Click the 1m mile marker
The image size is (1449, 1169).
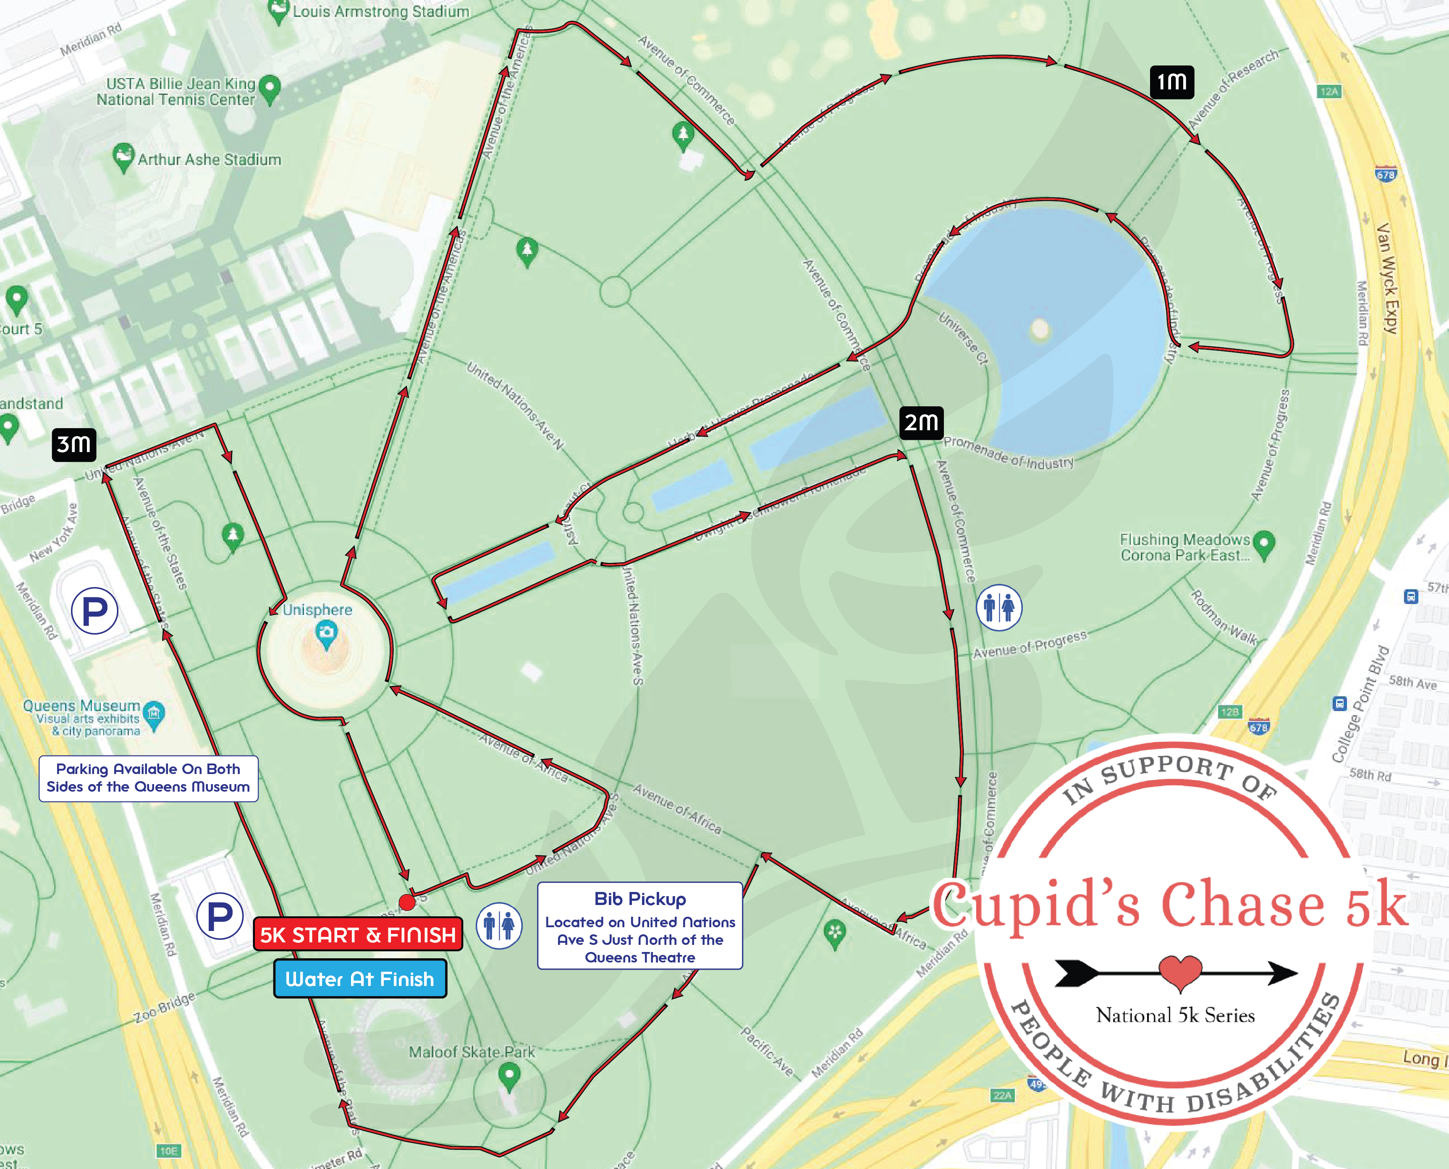[1171, 82]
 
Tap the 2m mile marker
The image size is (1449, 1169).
[921, 423]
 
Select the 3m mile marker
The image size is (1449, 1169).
[74, 445]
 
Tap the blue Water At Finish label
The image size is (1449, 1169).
[360, 978]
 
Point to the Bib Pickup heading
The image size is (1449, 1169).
[640, 899]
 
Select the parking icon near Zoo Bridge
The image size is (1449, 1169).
[220, 916]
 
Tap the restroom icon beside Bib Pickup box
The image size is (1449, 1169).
[499, 926]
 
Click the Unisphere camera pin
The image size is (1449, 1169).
[327, 634]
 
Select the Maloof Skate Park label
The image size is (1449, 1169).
[472, 1052]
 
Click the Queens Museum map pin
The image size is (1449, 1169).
[154, 714]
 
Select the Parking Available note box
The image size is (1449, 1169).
[148, 779]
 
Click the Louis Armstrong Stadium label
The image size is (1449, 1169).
[380, 11]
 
